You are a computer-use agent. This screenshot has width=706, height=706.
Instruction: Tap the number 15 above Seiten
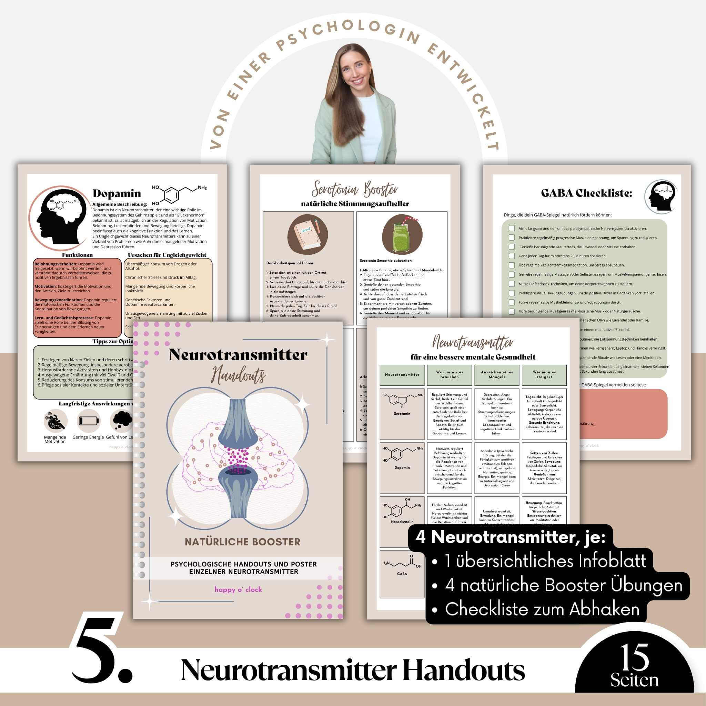[x=634, y=657]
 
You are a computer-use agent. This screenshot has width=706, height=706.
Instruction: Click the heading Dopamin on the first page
[x=117, y=193]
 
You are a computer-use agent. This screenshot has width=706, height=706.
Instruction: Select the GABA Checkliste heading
[x=586, y=193]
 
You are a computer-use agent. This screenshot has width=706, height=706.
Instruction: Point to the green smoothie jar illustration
[x=402, y=235]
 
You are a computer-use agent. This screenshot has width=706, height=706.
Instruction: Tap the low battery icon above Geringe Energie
[x=89, y=421]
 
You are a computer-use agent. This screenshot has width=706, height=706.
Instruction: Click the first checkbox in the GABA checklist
[x=512, y=229]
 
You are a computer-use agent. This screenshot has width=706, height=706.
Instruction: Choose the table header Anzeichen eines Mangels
[x=497, y=375]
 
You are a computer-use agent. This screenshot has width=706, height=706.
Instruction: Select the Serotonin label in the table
[x=402, y=414]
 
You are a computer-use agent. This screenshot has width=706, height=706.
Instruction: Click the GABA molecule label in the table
[x=402, y=574]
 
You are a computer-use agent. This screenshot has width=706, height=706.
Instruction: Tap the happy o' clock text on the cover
[x=238, y=589]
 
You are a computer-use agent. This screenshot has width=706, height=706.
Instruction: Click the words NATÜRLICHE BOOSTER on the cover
[x=242, y=542]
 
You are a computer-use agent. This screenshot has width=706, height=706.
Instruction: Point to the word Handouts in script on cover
[x=239, y=375]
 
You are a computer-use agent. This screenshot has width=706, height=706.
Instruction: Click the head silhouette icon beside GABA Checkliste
[x=661, y=196]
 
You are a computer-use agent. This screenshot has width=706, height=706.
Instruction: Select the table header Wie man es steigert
[x=544, y=375]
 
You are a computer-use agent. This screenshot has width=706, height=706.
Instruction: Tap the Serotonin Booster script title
[x=354, y=189]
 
